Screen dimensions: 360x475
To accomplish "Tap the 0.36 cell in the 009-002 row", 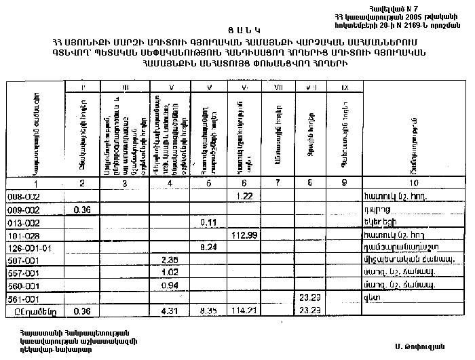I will (x=82, y=209).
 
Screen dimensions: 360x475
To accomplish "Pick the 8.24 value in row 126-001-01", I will (x=208, y=247).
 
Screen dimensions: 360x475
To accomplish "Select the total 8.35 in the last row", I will (x=208, y=311).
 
